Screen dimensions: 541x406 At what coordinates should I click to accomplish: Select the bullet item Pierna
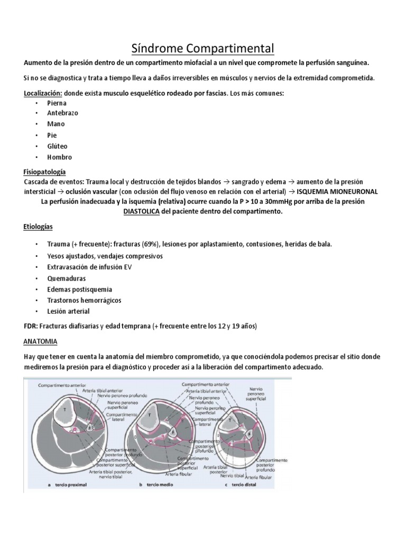pyautogui.click(x=57, y=103)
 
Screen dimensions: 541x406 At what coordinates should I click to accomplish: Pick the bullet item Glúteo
pyautogui.click(x=58, y=146)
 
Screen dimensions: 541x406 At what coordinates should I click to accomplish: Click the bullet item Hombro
pyautogui.click(x=59, y=157)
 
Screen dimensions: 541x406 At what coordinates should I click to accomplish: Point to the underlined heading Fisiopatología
pyautogui.click(x=44, y=172)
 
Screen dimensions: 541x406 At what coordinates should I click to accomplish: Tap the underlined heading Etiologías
pyautogui.click(x=38, y=227)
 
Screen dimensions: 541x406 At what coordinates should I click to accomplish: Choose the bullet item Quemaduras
pyautogui.click(x=66, y=278)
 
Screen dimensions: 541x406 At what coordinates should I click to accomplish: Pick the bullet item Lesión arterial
pyautogui.click(x=68, y=311)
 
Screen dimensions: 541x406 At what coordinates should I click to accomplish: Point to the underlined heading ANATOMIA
pyautogui.click(x=41, y=341)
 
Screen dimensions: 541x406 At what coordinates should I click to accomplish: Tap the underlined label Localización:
pyautogui.click(x=43, y=93)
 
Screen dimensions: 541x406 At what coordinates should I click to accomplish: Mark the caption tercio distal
pyautogui.click(x=243, y=484)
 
